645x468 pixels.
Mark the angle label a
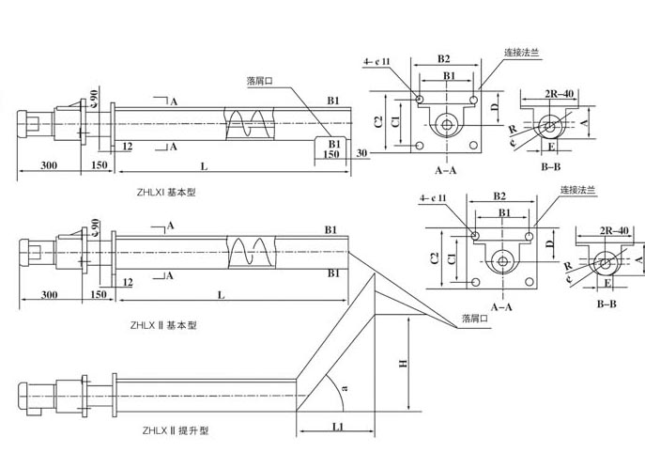tap(344, 386)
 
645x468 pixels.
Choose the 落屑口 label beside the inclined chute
tap(475, 320)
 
